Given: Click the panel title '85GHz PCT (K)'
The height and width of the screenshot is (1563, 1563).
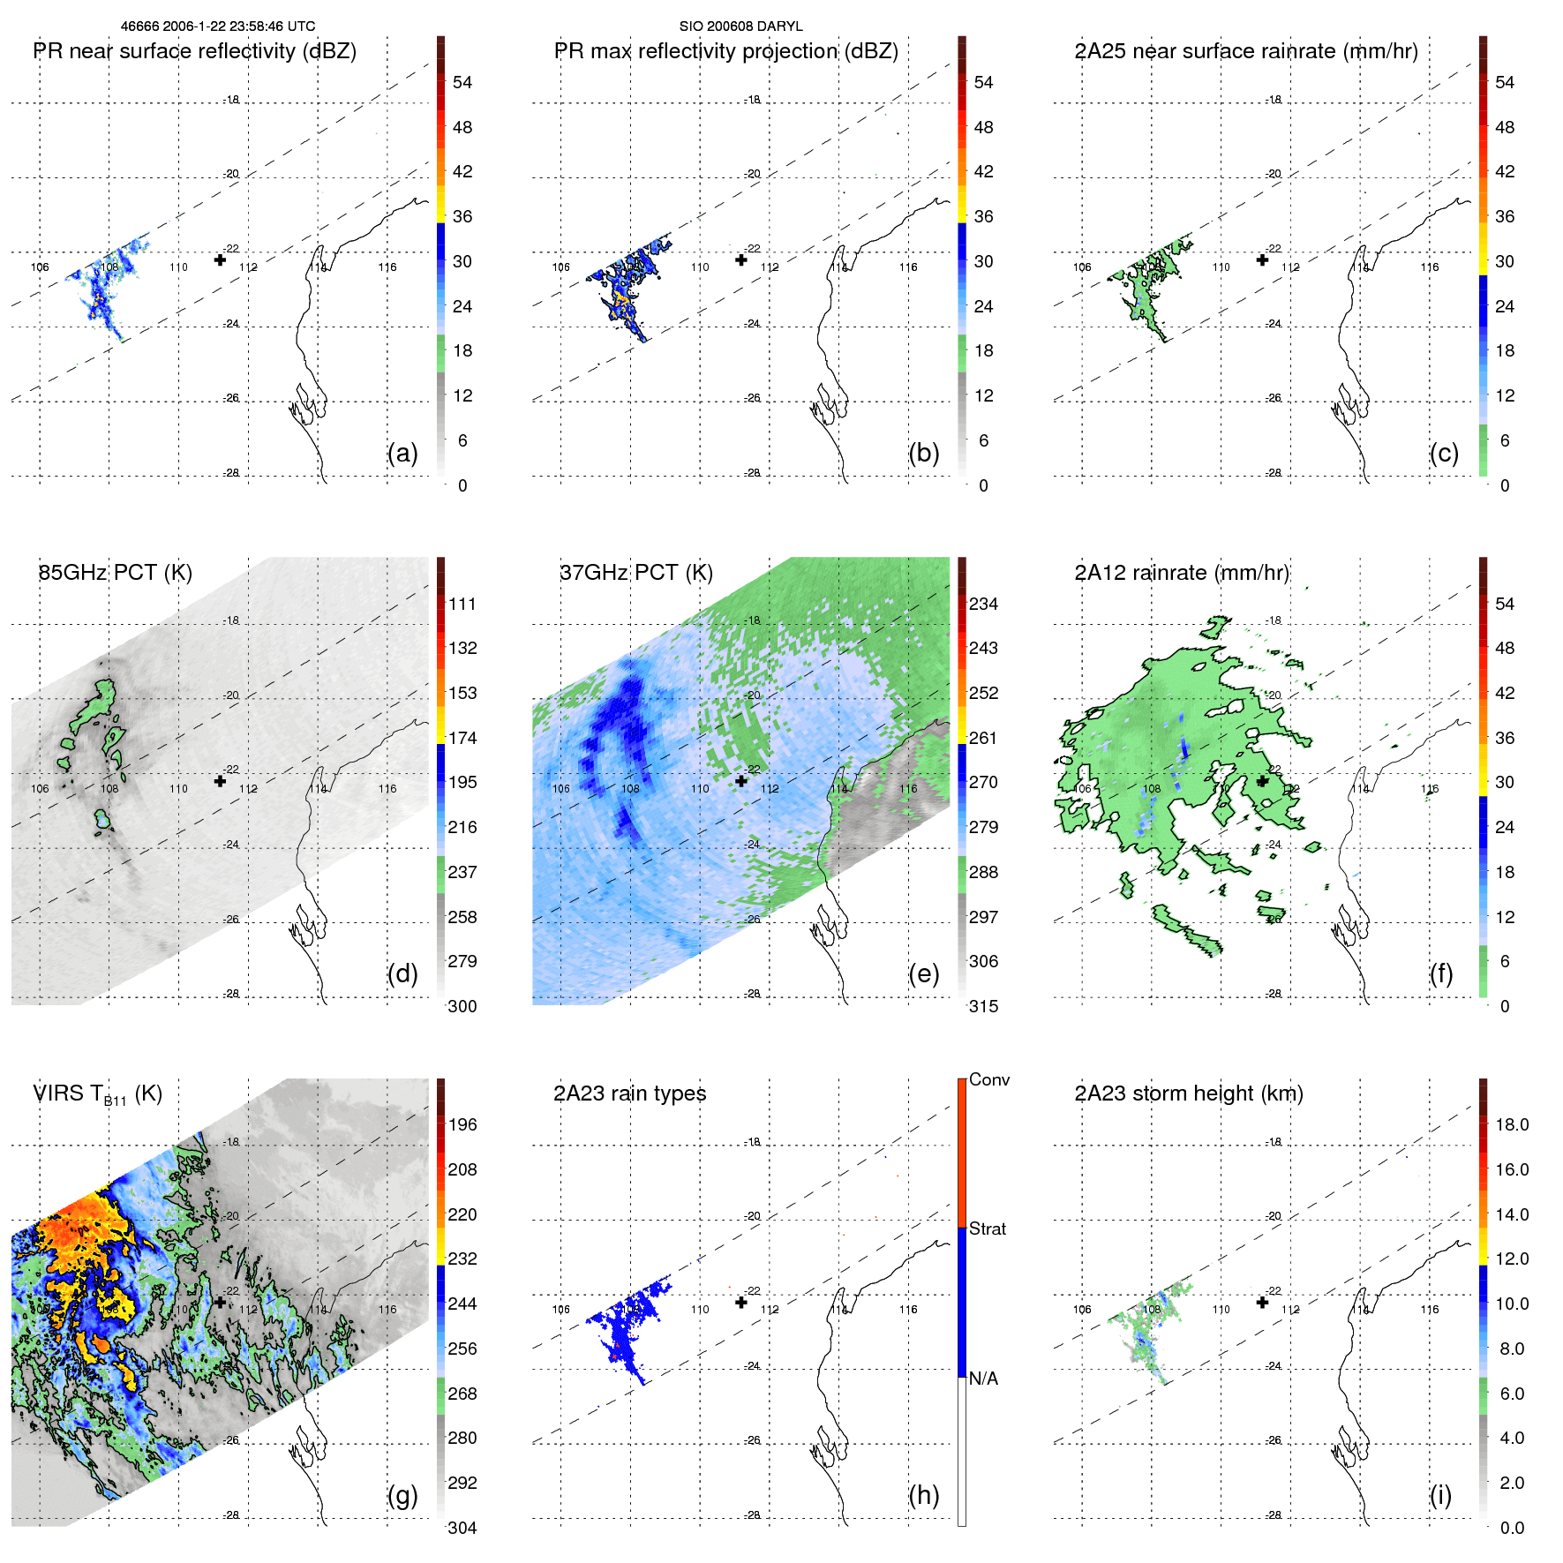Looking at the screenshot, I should click(x=115, y=573).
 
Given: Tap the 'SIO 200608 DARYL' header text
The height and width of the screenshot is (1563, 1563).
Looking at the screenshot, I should click(x=740, y=26).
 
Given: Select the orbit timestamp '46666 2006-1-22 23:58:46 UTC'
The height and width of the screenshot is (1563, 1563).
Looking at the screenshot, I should click(x=218, y=26).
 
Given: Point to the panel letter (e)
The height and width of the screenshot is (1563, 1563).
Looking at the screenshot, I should click(x=923, y=973).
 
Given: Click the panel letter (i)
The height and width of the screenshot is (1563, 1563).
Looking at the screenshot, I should click(x=1440, y=1495).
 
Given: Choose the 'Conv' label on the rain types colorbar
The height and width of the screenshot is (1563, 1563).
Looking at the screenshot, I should click(x=988, y=1079).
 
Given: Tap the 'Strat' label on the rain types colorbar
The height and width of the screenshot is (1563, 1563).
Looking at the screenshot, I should click(x=987, y=1229).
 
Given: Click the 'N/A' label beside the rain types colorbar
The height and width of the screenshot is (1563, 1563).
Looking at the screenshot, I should click(x=983, y=1379).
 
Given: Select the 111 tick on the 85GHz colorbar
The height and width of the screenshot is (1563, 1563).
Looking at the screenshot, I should click(x=462, y=605).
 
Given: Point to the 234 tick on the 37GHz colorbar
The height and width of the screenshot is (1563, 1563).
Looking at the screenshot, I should click(x=983, y=605).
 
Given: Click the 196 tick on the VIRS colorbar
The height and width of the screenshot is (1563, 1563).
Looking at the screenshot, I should click(x=462, y=1125).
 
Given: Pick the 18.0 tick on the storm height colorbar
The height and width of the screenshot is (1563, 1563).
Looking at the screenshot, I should click(x=1511, y=1125).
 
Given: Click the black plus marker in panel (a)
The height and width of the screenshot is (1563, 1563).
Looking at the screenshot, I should click(x=220, y=259).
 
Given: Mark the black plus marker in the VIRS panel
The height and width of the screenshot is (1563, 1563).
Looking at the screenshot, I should click(x=220, y=1302).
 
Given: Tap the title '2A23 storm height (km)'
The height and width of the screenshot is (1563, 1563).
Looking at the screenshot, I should click(x=1188, y=1093).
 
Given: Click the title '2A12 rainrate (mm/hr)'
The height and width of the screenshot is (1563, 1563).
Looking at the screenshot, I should click(x=1181, y=573).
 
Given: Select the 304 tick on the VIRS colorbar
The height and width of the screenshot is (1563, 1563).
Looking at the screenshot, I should click(x=462, y=1528).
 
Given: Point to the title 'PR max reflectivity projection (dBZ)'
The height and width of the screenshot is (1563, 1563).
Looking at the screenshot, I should click(x=725, y=51).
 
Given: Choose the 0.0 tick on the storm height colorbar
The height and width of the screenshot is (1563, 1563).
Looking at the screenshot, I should click(x=1511, y=1528).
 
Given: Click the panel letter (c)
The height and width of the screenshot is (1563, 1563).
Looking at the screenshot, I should click(x=1444, y=453).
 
